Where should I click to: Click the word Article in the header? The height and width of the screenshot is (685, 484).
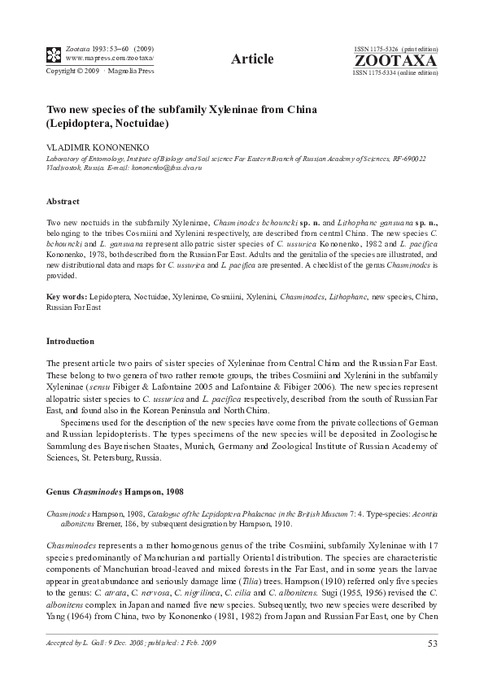[x=251, y=58]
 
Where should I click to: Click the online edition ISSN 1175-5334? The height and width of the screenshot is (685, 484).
[x=395, y=73]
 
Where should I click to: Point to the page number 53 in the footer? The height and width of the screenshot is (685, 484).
[x=432, y=645]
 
